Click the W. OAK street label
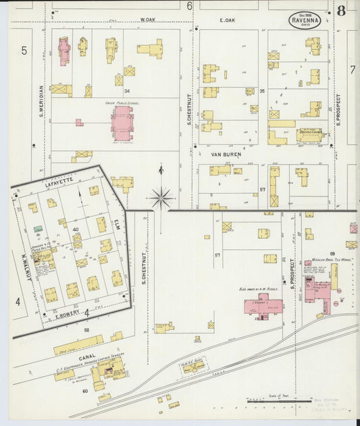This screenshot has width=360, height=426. coord(147,20)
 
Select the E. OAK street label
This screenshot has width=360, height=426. coord(226,20)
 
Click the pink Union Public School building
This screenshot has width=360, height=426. coord(122,123)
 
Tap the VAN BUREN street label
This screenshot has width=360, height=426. coord(226,154)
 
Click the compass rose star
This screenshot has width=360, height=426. coord(161,198)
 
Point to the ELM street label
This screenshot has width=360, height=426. coord(117,221)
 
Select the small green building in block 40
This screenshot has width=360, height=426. coord(38,230)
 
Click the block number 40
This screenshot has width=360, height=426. coord(76,230)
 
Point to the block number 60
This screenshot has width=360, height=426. coord(85,391)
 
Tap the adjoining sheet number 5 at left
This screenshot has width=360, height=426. coord(23,51)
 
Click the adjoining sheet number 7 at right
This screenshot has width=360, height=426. coord(352,70)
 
